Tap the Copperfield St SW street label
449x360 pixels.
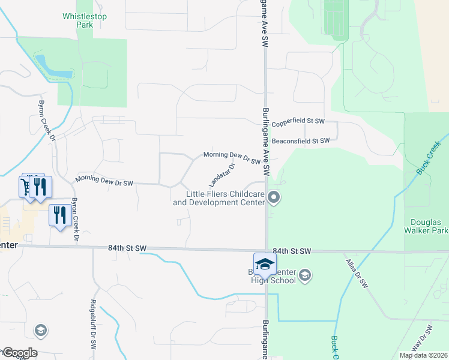pyautogui.click(x=298, y=122)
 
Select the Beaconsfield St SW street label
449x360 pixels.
pyautogui.click(x=301, y=141)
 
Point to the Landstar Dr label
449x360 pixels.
pyautogui.click(x=221, y=174)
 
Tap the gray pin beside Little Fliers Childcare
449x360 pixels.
pyautogui.click(x=274, y=197)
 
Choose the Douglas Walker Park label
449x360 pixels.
pyautogui.click(x=429, y=226)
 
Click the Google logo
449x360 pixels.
pyautogui.click(x=20, y=353)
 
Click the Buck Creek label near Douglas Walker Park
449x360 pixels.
pyautogui.click(x=429, y=156)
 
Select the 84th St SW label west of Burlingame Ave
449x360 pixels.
pyautogui.click(x=127, y=247)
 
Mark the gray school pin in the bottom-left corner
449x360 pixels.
pyautogui.click(x=41, y=329)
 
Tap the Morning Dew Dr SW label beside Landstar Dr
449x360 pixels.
pyautogui.click(x=232, y=158)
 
